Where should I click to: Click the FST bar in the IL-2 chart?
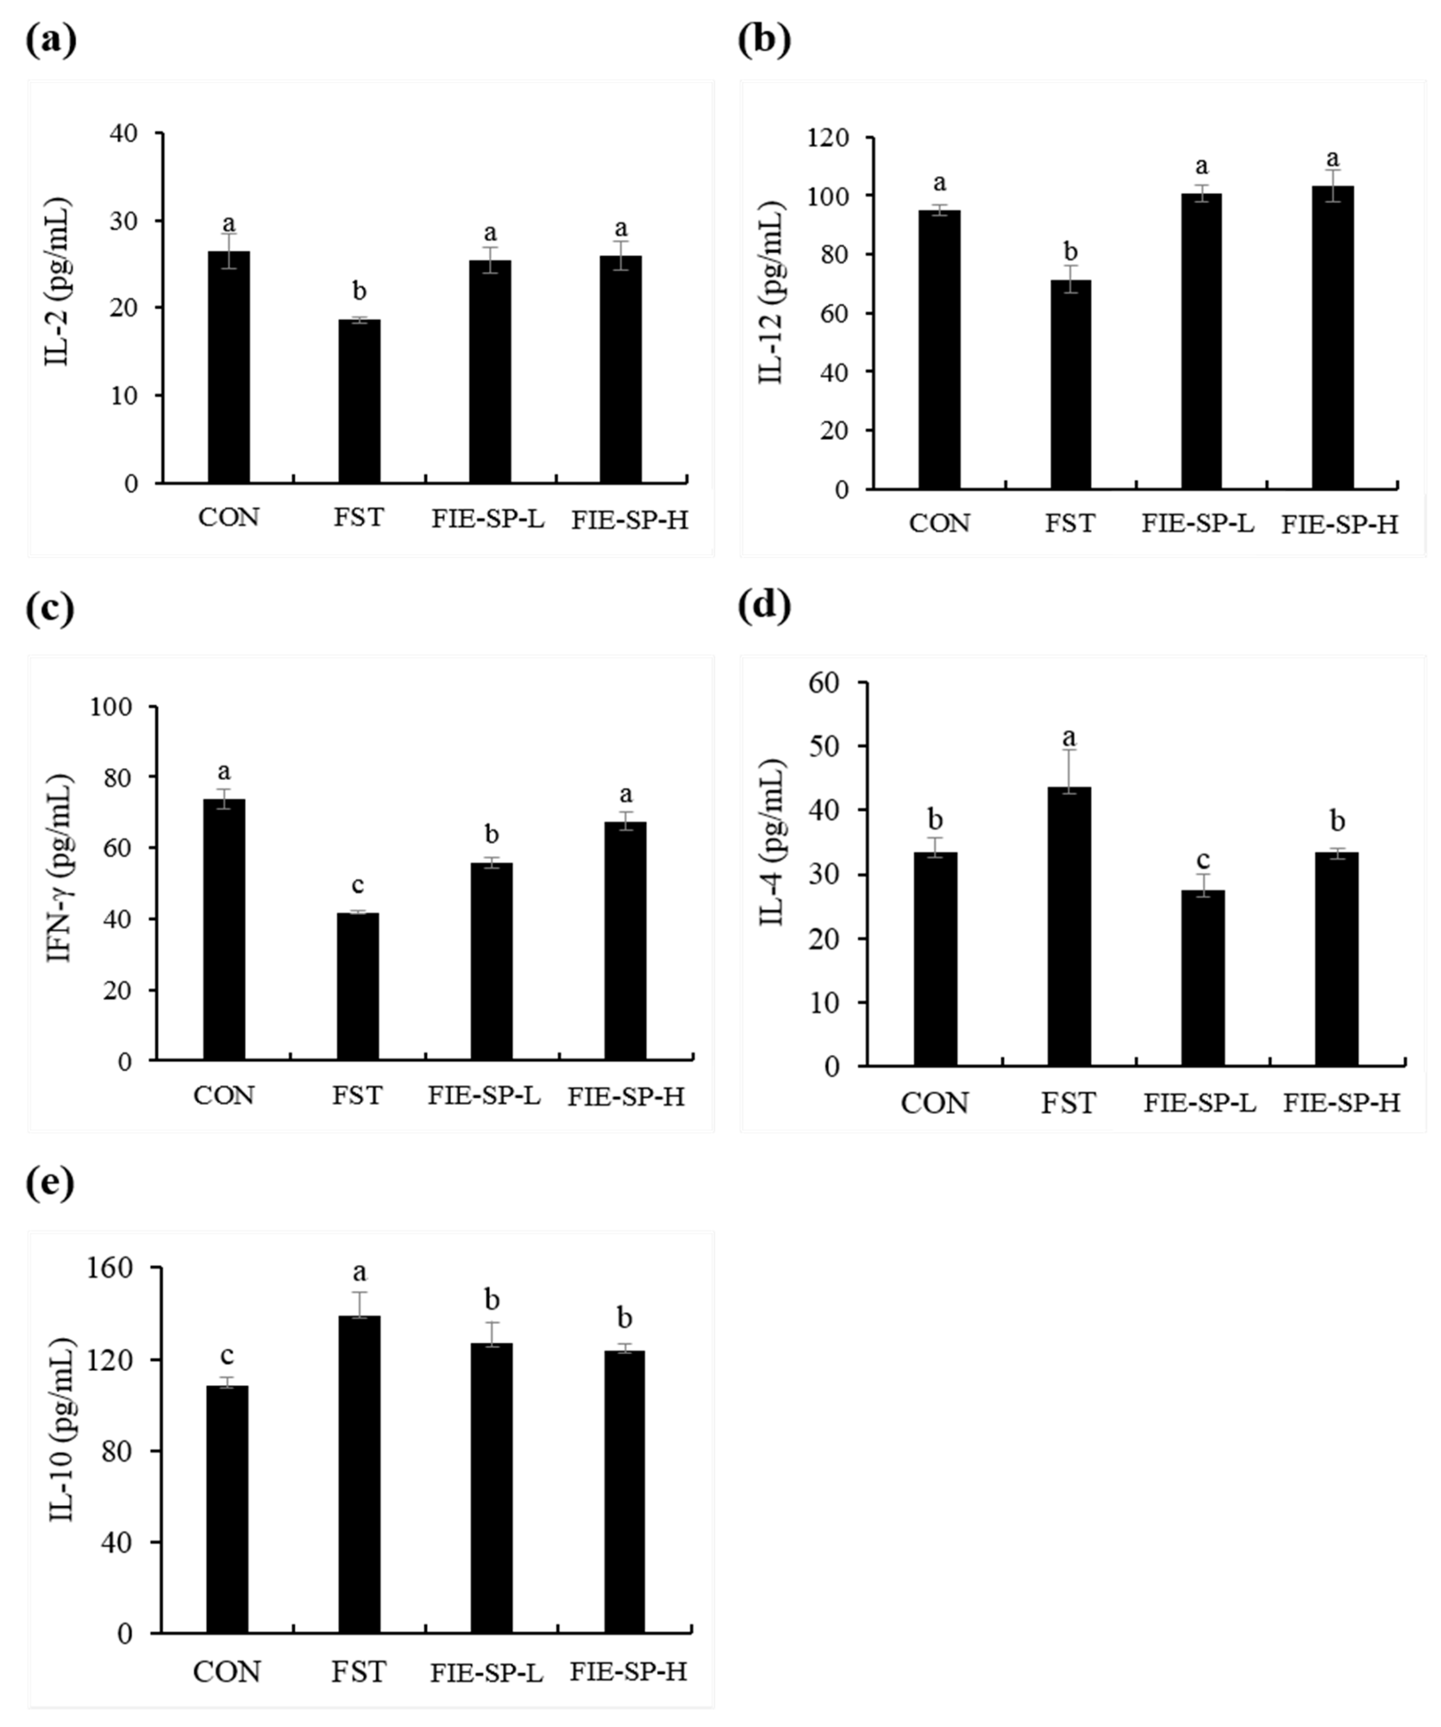359,401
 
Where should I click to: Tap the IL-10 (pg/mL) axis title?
62,1431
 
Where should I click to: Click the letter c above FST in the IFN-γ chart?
358,885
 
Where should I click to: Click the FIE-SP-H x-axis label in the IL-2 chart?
630,520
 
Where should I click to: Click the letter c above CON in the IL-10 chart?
227,1355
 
